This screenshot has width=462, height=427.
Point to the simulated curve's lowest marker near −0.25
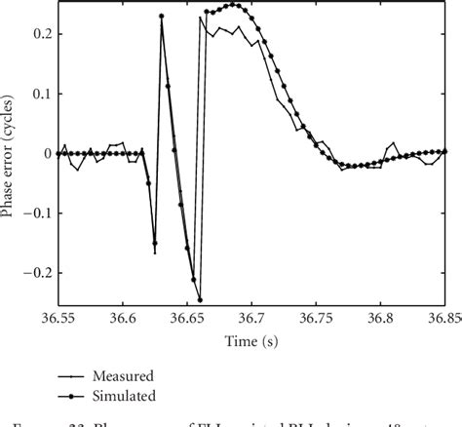(200, 299)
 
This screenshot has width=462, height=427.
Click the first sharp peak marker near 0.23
(161, 17)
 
